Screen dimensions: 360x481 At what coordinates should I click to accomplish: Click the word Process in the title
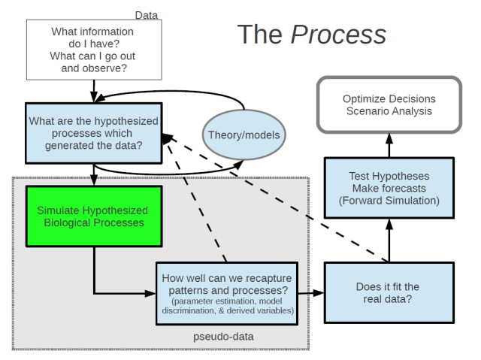pyautogui.click(x=338, y=34)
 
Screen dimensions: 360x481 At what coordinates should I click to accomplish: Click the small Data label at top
pyautogui.click(x=146, y=15)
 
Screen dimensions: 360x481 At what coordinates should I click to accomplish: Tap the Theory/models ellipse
pyautogui.click(x=244, y=135)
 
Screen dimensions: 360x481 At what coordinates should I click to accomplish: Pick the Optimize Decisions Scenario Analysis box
pyautogui.click(x=389, y=105)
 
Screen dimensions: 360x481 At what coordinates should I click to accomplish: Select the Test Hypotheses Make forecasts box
pyautogui.click(x=389, y=188)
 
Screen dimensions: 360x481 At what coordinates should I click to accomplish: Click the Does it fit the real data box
pyautogui.click(x=389, y=293)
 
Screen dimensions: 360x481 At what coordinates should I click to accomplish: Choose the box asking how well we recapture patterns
pyautogui.click(x=226, y=293)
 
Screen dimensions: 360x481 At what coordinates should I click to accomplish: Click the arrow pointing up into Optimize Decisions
pyautogui.click(x=389, y=144)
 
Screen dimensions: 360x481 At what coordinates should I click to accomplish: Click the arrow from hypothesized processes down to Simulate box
pyautogui.click(x=93, y=177)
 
